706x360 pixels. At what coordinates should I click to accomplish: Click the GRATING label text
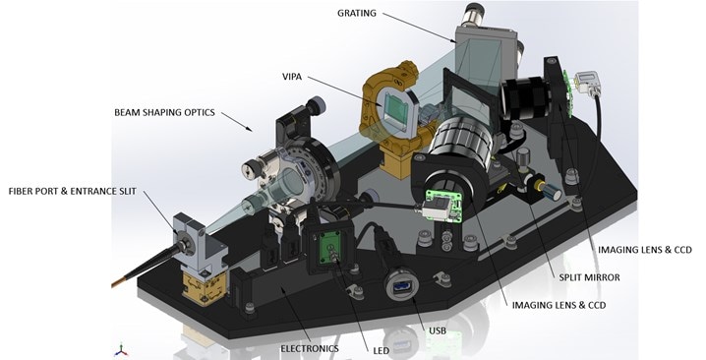(x=357, y=13)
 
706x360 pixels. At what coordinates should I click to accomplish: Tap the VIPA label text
(x=292, y=77)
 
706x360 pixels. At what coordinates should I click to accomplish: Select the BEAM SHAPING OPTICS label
(x=164, y=112)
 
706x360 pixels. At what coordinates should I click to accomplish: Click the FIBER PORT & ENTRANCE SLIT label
(x=72, y=191)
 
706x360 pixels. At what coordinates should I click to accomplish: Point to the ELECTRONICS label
(x=310, y=348)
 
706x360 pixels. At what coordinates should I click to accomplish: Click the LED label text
(x=381, y=350)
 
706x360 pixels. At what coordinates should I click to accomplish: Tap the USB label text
(x=438, y=330)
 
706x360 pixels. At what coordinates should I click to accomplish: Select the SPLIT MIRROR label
(x=589, y=277)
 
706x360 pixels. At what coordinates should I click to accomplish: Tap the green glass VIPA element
(x=396, y=108)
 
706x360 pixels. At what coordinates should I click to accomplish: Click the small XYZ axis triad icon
(x=121, y=350)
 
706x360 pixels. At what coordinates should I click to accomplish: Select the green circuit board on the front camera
(x=444, y=206)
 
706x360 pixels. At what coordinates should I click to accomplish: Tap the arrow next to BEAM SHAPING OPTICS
(x=236, y=121)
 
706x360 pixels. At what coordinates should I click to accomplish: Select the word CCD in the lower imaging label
(x=597, y=305)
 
